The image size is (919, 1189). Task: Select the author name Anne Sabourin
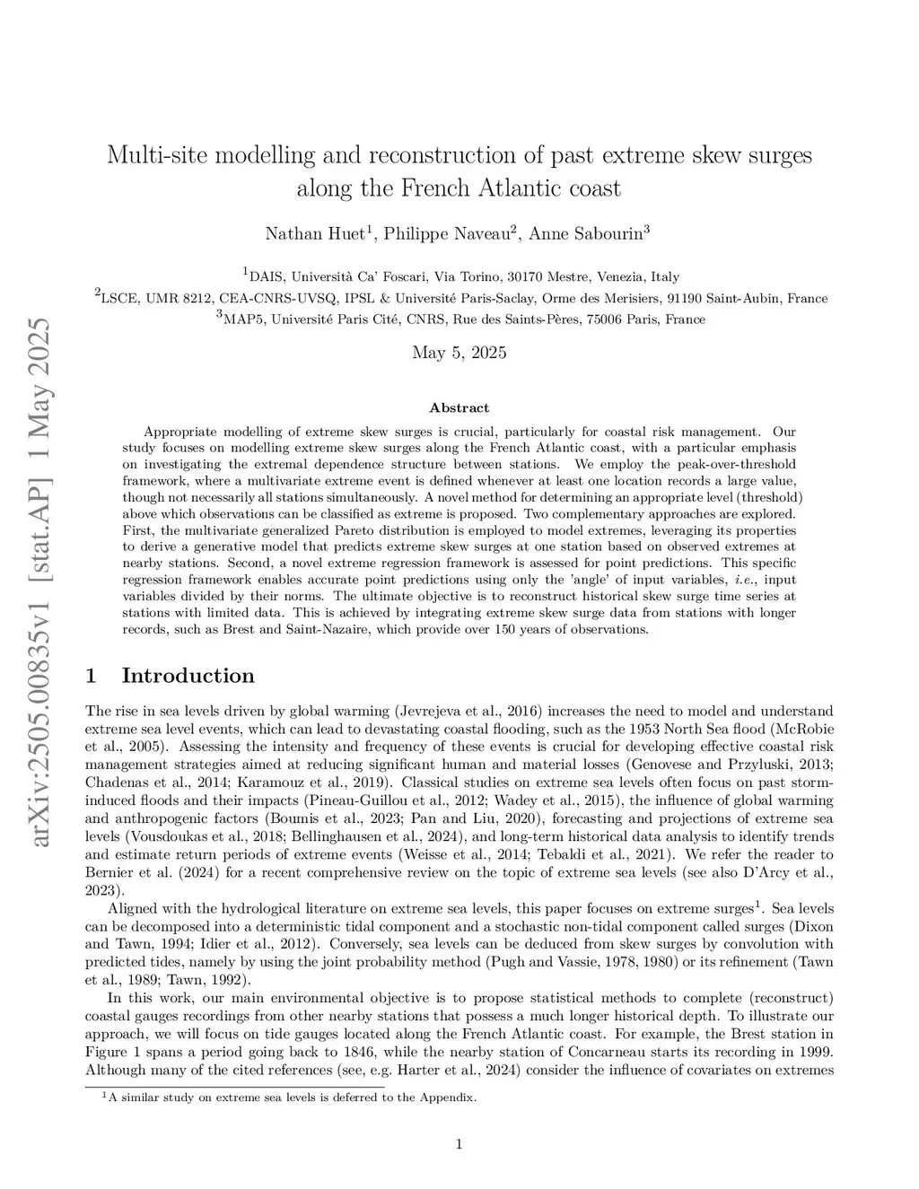[585, 234]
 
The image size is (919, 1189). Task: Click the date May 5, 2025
[459, 352]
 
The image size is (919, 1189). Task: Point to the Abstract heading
[459, 407]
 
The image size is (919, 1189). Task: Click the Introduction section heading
[188, 676]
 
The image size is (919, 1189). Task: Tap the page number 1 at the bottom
[459, 1143]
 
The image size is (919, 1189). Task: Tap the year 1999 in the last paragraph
[812, 1052]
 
